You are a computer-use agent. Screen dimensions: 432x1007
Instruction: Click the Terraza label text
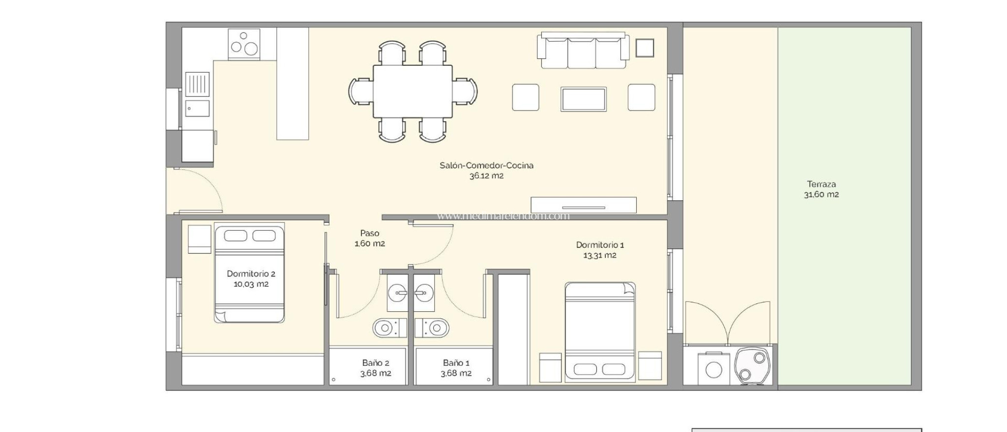(821, 184)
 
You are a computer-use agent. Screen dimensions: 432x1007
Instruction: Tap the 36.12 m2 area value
(486, 176)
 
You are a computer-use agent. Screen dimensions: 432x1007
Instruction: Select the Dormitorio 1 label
(599, 244)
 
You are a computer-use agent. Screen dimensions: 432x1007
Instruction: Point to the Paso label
(369, 233)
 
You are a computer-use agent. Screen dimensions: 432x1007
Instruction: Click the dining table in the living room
(412, 91)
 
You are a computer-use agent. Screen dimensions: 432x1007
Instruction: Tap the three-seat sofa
(583, 51)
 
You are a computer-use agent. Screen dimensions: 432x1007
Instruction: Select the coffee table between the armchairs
(583, 99)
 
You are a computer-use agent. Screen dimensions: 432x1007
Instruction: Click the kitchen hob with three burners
(244, 44)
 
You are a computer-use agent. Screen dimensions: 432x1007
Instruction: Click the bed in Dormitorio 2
(249, 274)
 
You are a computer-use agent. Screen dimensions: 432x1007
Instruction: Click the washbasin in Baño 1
(423, 294)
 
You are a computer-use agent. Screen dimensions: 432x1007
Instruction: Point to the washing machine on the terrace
(713, 369)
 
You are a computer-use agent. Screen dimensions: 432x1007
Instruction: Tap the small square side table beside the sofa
(644, 48)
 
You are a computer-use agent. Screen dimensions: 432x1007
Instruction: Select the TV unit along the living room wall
(583, 205)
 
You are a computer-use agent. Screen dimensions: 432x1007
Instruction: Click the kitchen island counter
(293, 83)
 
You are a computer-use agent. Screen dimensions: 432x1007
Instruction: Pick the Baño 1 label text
(456, 363)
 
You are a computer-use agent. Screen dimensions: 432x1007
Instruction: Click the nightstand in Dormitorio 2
(199, 239)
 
